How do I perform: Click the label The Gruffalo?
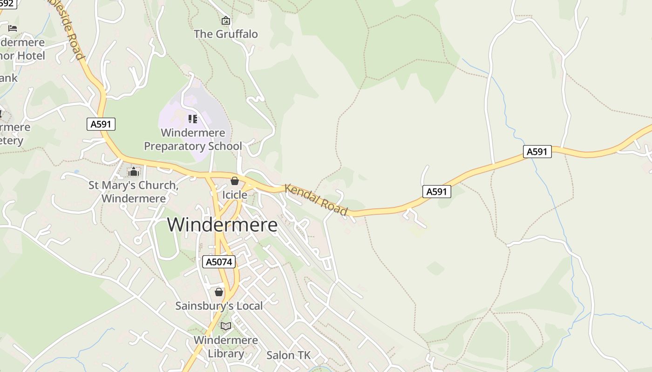coord(225,34)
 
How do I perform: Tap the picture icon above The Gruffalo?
coord(226,20)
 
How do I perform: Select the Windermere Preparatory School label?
coord(193,139)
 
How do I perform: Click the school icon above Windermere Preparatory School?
coord(193,119)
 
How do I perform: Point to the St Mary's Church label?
coord(134,192)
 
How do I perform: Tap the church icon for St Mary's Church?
coord(134,172)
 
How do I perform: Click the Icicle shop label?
coord(234,195)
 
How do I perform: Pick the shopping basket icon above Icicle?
coord(235,181)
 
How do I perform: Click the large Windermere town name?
coord(222,225)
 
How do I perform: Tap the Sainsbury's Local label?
coord(219,306)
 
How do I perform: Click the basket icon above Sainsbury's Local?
coord(219,292)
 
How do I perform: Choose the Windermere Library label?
coord(226,346)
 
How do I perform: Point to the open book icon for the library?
coord(226,326)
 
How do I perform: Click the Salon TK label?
coord(288,355)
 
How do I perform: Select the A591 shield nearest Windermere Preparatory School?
coord(101,124)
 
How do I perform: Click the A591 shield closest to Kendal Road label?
coord(437,191)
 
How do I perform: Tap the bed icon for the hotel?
coord(13,28)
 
